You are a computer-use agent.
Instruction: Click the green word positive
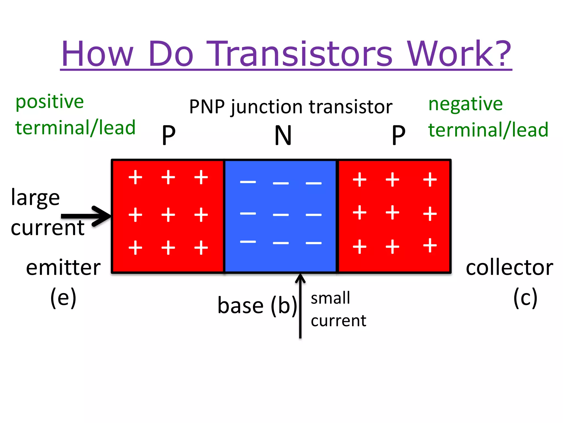click(49, 102)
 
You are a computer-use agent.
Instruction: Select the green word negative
click(465, 104)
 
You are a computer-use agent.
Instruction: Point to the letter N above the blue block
click(283, 135)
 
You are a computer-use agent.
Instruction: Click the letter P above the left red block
click(169, 135)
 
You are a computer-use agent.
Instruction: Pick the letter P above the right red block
click(398, 135)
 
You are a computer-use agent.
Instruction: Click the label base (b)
click(257, 306)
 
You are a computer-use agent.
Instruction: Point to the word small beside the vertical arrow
click(330, 298)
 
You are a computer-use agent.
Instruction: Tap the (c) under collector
click(525, 297)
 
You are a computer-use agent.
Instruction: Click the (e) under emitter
click(63, 297)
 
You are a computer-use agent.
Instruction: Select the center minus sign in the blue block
click(281, 215)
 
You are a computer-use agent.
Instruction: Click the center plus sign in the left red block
click(168, 215)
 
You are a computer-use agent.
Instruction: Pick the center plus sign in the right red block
click(392, 213)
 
